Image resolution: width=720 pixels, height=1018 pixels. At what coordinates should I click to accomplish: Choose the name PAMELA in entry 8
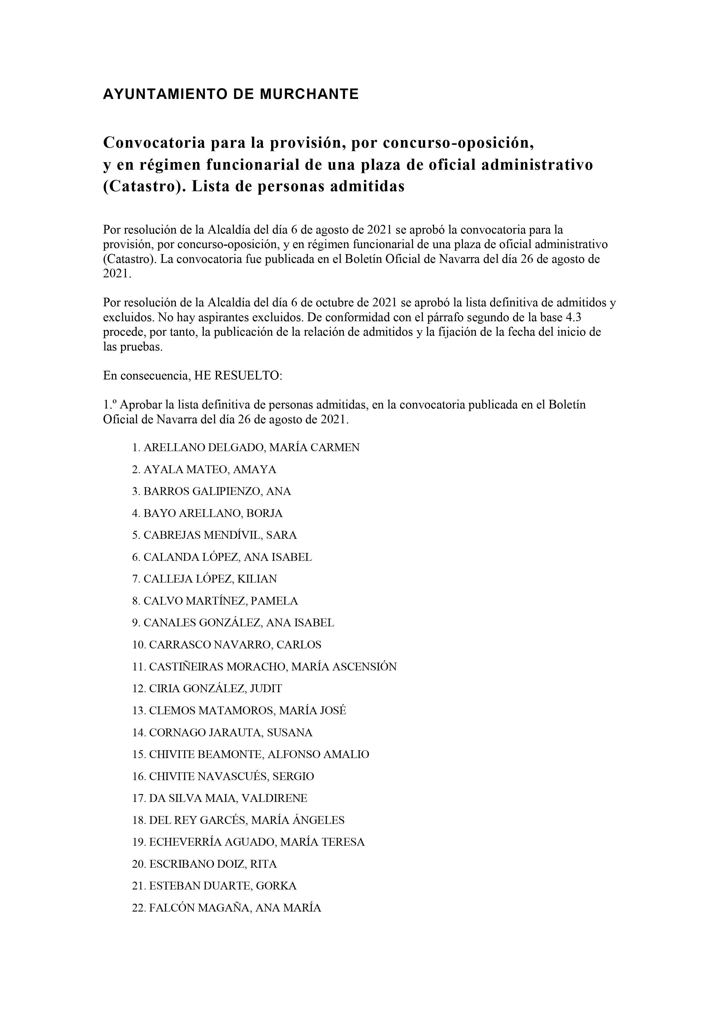[x=274, y=601]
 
